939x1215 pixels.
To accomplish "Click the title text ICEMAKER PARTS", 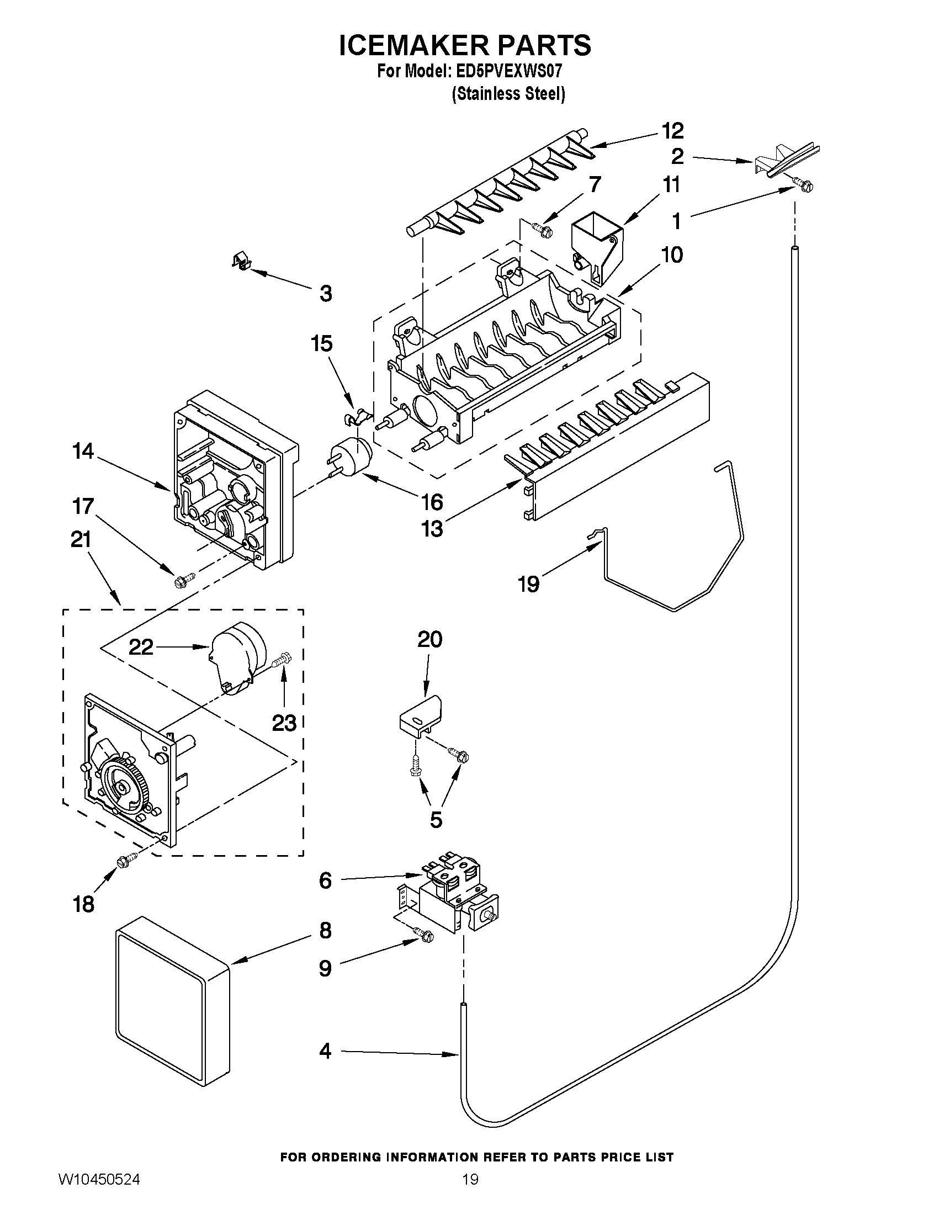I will click(x=465, y=46).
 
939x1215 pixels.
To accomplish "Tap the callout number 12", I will click(x=672, y=131).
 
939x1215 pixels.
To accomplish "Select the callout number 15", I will click(x=321, y=343).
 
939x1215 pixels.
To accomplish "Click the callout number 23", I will click(x=284, y=723).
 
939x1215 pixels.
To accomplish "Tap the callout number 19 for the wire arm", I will click(x=528, y=584).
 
